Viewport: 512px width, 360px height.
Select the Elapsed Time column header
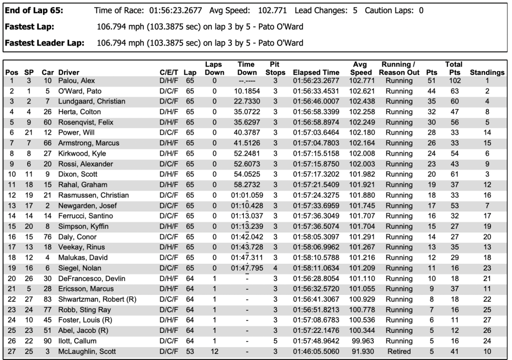(x=316, y=73)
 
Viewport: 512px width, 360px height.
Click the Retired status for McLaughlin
(x=399, y=351)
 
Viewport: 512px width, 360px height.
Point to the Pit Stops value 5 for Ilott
(x=275, y=341)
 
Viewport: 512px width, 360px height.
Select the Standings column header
(x=487, y=73)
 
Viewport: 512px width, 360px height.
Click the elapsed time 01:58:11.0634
(x=316, y=268)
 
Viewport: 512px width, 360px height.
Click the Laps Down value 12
(x=214, y=351)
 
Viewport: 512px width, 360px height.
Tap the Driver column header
(x=69, y=73)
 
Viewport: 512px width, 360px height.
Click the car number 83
(x=48, y=300)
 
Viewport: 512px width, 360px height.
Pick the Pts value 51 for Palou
(x=431, y=81)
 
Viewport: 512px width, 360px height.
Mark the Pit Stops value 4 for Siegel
(x=275, y=268)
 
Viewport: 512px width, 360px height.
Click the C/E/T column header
(x=168, y=73)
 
